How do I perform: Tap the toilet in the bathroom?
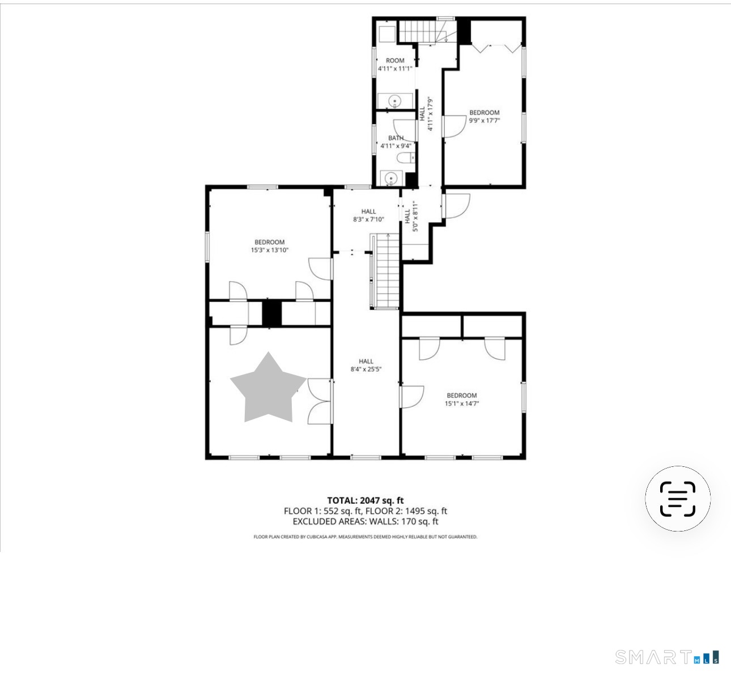pos(406,158)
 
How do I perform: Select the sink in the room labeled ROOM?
pos(395,101)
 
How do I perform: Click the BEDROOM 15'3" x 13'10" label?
pos(269,246)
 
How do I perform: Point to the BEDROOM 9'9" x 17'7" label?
pos(484,116)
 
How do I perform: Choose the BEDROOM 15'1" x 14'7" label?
pos(462,399)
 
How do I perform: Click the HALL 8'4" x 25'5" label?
pos(366,365)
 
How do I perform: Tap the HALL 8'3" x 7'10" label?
pos(368,215)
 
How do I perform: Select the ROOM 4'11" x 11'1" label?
pos(395,64)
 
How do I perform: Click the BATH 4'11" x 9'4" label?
pos(396,142)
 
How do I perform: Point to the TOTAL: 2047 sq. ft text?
pos(365,500)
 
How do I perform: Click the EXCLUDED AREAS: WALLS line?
pos(365,521)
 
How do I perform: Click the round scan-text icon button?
pos(678,499)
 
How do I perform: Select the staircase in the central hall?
pos(385,271)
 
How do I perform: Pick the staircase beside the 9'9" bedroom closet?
pos(428,31)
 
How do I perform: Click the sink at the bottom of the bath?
pos(391,178)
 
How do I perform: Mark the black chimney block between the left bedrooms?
pos(271,313)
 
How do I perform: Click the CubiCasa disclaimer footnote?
pos(365,537)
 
